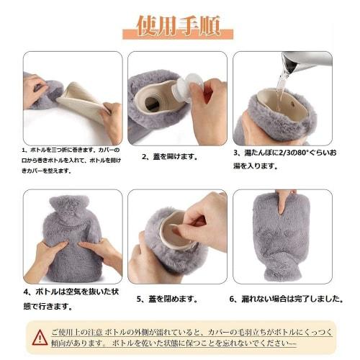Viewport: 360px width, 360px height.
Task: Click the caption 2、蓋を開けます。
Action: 170,156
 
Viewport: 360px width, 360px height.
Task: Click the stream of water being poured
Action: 281,90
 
